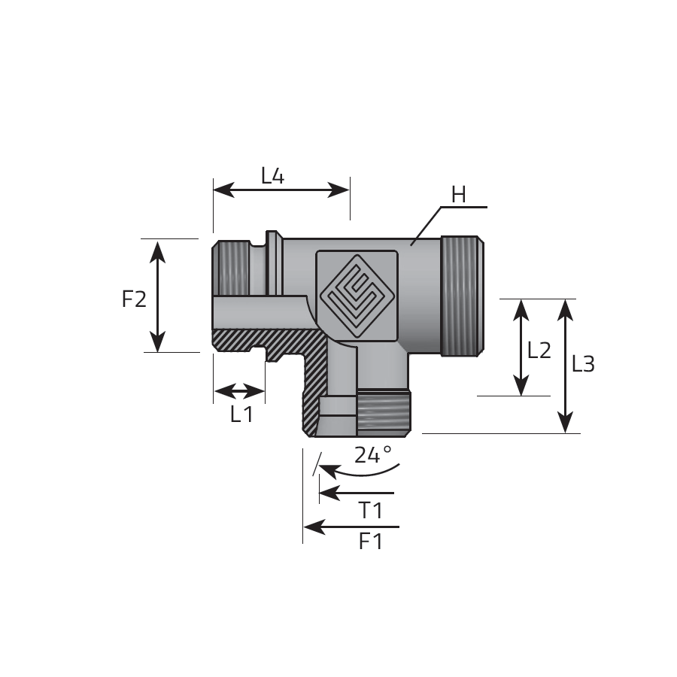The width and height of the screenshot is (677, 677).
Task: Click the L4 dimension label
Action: (273, 176)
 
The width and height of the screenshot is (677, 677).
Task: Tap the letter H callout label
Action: (459, 195)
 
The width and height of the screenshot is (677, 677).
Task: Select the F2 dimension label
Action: (135, 299)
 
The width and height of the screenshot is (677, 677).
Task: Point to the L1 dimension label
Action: (241, 414)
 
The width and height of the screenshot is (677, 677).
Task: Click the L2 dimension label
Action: (539, 351)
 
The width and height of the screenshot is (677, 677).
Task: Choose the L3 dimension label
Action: (583, 364)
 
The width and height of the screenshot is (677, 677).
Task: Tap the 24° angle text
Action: (373, 454)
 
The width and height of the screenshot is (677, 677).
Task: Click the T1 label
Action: (370, 511)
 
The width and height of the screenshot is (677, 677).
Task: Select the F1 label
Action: (370, 542)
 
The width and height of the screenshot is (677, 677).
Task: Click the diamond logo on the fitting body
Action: (357, 296)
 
